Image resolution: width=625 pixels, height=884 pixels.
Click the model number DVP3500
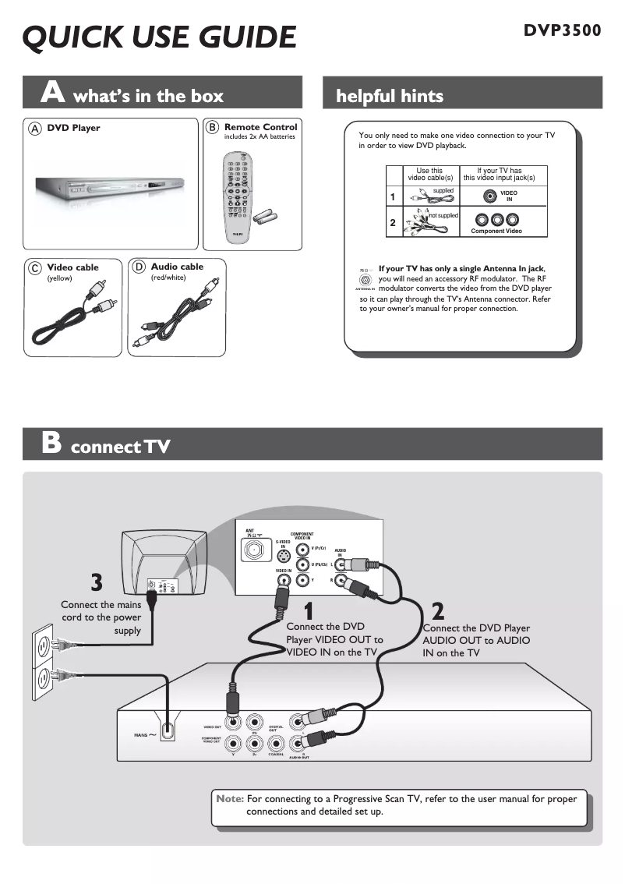click(x=562, y=30)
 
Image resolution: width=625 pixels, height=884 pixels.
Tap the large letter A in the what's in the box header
click(x=53, y=93)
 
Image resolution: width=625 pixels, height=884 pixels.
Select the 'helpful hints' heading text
click(x=389, y=96)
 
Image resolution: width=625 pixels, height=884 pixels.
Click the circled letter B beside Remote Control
click(x=211, y=127)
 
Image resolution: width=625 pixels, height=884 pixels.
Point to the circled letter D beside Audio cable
click(x=139, y=267)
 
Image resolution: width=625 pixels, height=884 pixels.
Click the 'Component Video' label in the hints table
click(x=496, y=232)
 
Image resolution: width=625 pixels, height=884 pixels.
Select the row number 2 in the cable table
click(x=393, y=223)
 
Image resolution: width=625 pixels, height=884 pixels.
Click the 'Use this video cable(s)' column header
click(x=429, y=175)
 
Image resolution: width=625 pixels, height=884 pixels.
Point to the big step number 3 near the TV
click(x=96, y=582)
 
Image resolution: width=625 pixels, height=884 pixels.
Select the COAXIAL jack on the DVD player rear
click(x=276, y=741)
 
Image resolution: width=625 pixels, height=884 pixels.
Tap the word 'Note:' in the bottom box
click(x=230, y=799)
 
